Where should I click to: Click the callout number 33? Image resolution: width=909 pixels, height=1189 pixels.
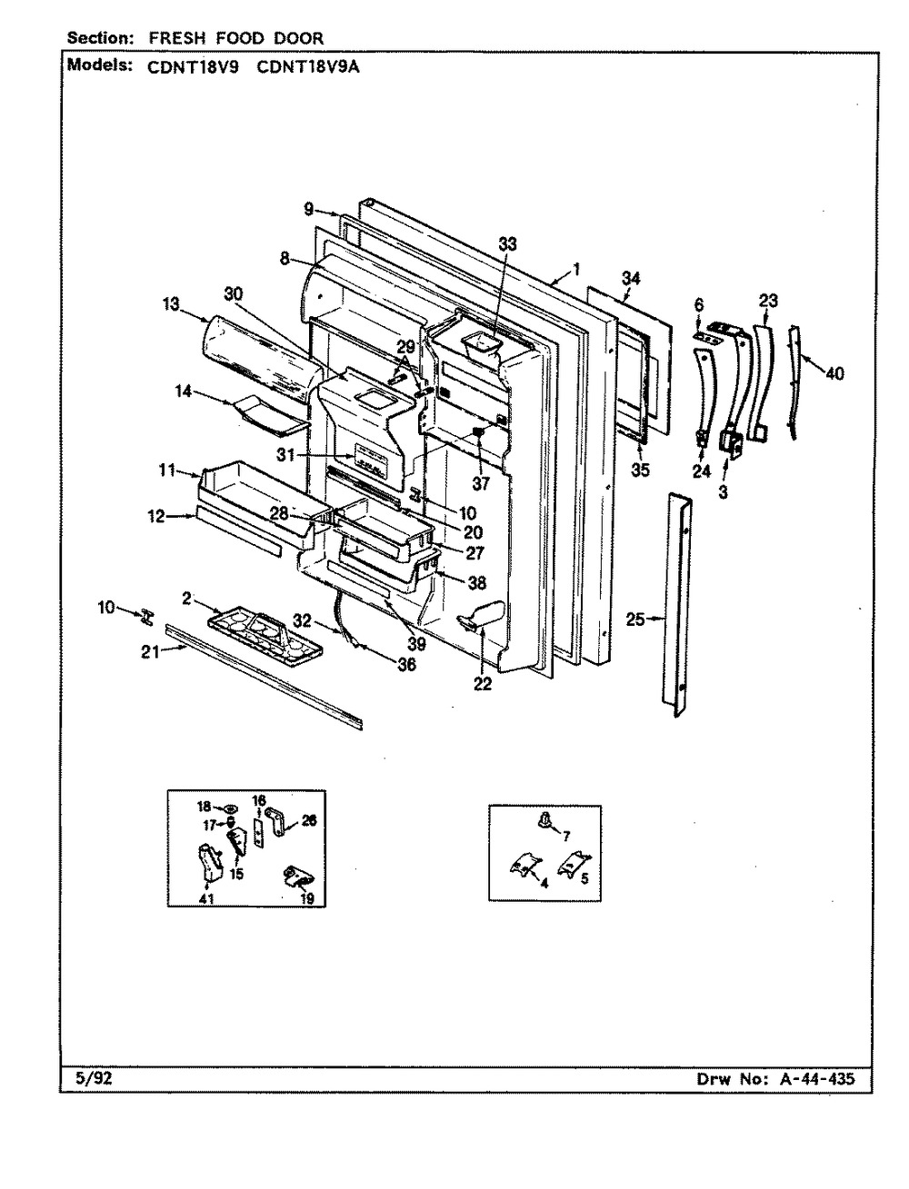coord(507,244)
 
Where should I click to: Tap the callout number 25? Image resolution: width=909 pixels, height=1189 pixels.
coord(634,619)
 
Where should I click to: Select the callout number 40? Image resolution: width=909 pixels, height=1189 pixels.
coord(835,373)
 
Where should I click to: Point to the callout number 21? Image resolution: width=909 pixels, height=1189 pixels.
coord(150,652)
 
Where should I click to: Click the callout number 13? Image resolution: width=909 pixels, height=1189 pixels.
coord(170,304)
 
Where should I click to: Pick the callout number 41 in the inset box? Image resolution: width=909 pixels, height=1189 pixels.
coord(206,899)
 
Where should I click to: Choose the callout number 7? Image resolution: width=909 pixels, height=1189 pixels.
coord(566,837)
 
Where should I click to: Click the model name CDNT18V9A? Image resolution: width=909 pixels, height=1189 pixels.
coord(308,68)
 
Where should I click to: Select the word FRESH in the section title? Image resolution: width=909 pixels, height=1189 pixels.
coord(176,38)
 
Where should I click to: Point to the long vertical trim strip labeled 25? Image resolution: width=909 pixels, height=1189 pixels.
coord(677,605)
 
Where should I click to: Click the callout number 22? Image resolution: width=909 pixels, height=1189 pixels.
coord(483,684)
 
